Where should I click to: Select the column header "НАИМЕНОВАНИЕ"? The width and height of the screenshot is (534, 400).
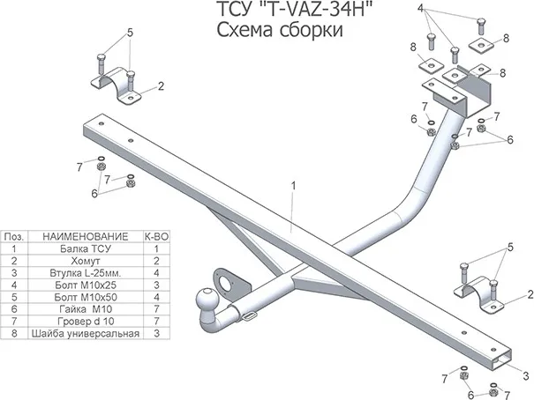point(85,237)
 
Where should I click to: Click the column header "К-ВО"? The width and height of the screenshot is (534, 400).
point(155,237)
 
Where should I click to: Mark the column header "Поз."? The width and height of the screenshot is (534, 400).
point(15,237)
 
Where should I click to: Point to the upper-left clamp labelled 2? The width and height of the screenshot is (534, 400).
point(114,87)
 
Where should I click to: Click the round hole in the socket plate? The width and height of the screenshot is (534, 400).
point(234,283)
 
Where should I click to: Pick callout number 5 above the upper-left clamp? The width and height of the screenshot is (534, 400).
point(130,33)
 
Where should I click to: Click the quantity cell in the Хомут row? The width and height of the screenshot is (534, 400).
point(155,262)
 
